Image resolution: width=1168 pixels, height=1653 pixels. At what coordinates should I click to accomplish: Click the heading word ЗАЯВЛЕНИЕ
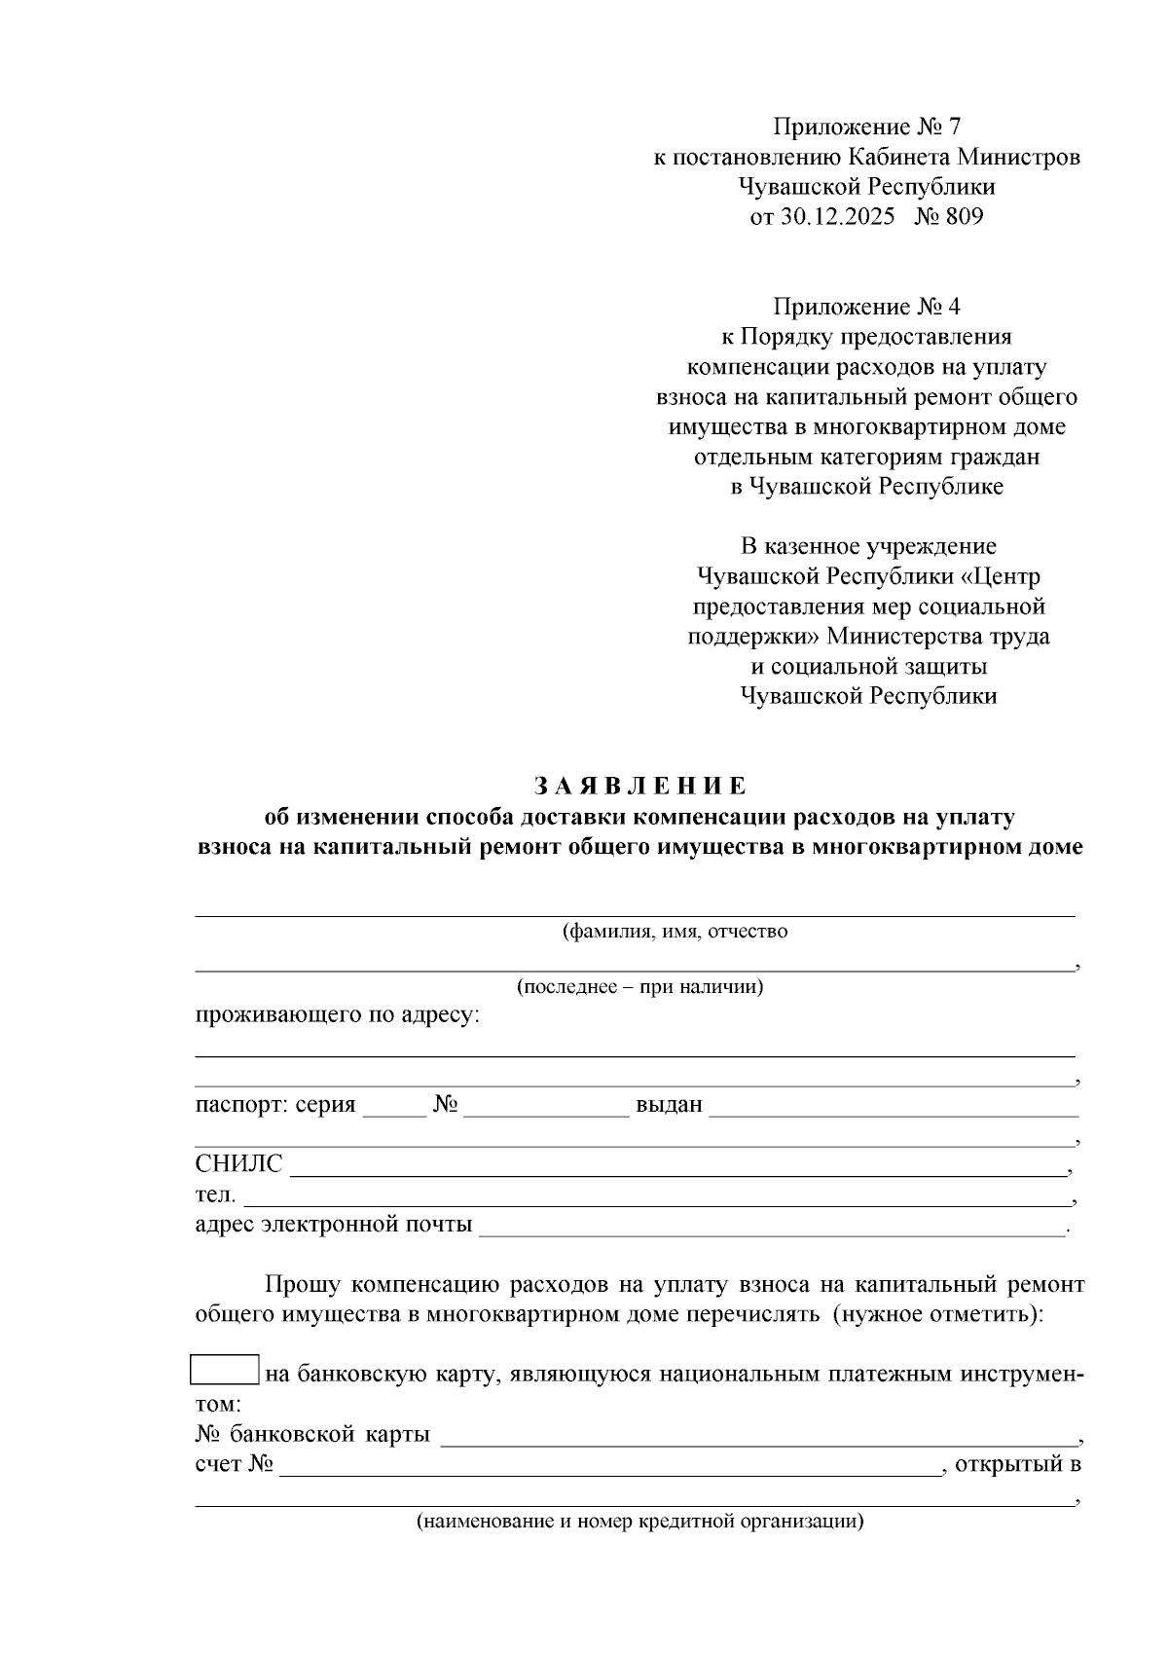coord(639,786)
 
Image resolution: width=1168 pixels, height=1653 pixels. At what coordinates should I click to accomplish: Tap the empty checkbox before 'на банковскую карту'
coord(225,1370)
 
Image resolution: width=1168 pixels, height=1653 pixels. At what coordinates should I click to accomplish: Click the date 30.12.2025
coord(837,217)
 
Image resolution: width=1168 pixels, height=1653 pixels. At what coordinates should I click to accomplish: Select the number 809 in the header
coord(964,217)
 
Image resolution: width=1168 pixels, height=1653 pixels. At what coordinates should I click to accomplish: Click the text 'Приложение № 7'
coord(866,127)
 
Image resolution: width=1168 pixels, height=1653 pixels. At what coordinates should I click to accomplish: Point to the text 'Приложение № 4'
coord(866,308)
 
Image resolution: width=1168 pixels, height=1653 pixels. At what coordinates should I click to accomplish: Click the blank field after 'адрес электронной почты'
coord(773,1227)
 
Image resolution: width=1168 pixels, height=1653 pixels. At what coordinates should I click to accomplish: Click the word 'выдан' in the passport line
coord(669,1106)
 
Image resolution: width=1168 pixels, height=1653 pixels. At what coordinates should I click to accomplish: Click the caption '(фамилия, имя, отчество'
coord(675,932)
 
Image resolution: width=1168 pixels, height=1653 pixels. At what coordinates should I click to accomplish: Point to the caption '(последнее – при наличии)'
coord(639,987)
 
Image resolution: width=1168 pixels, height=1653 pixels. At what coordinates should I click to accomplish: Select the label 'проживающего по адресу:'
coord(338,1016)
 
